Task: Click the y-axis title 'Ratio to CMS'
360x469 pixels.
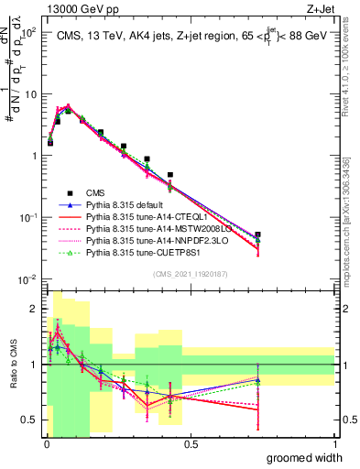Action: [12, 365]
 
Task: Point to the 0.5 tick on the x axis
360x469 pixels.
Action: [191, 444]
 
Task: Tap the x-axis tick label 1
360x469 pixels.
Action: [335, 444]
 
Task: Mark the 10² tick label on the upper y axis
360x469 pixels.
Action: [28, 33]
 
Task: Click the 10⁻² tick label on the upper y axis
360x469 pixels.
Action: [28, 278]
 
